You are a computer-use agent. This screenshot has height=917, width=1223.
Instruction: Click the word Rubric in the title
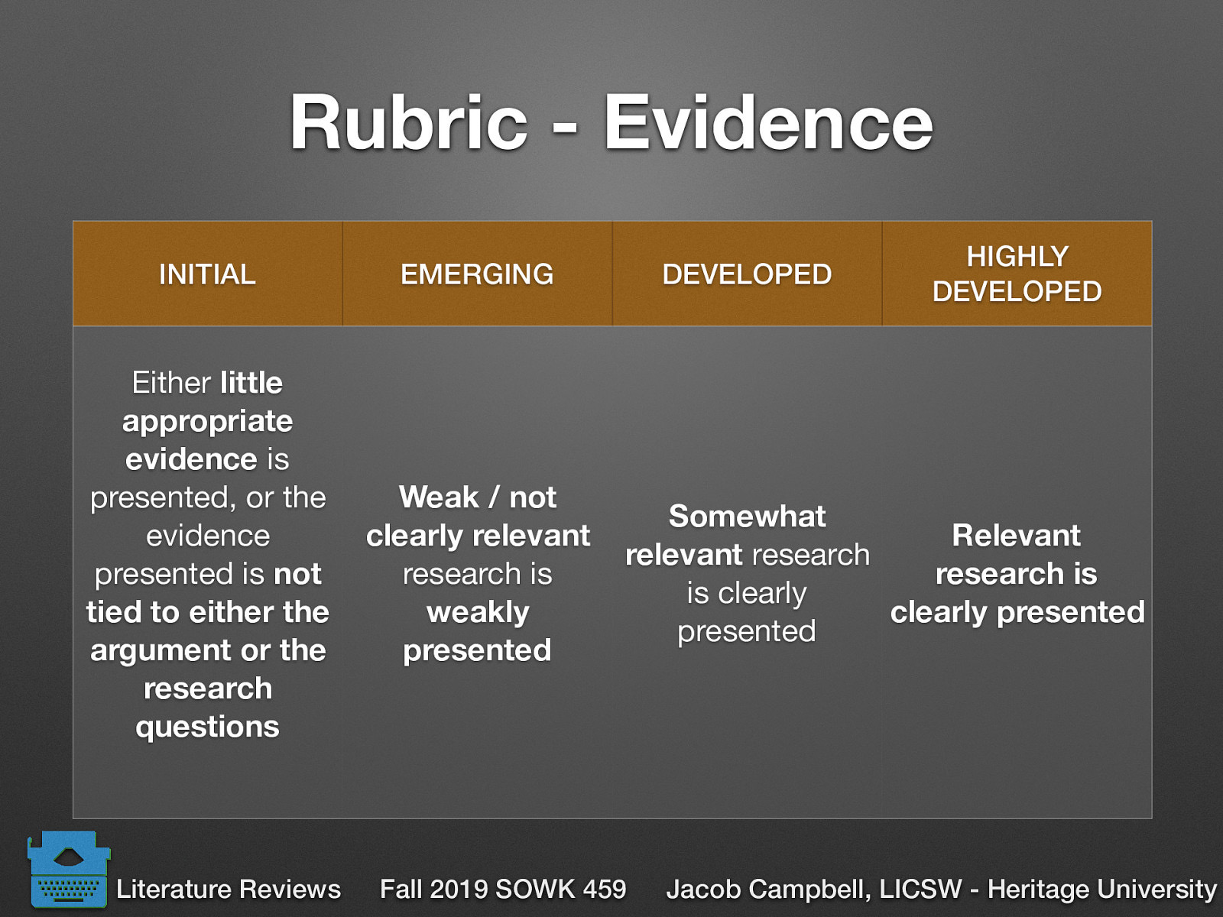coord(408,123)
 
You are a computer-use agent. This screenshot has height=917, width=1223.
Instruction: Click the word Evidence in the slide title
coord(768,123)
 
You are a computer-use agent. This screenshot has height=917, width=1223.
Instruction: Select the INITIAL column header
coord(207,274)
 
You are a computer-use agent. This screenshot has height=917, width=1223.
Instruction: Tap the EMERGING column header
coord(477,274)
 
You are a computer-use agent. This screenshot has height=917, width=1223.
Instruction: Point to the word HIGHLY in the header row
coord(1017,257)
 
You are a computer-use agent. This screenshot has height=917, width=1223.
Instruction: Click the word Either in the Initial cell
coord(171,383)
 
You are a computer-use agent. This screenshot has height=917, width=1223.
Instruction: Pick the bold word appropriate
coord(207,421)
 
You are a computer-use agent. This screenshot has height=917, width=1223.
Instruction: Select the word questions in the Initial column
coord(207,727)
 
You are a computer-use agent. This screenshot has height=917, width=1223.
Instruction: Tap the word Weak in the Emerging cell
coord(439,497)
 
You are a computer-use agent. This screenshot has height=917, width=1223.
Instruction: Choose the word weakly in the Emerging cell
coord(478,612)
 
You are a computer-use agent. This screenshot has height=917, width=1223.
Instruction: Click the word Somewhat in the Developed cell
coord(747,517)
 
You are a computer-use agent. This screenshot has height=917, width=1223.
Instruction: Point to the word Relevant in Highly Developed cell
coord(1016,536)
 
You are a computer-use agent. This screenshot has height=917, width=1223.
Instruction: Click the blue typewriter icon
coord(68,870)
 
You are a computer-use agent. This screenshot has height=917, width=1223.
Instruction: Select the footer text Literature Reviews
coord(228,889)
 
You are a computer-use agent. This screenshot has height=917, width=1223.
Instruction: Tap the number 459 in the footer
coord(604,889)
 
